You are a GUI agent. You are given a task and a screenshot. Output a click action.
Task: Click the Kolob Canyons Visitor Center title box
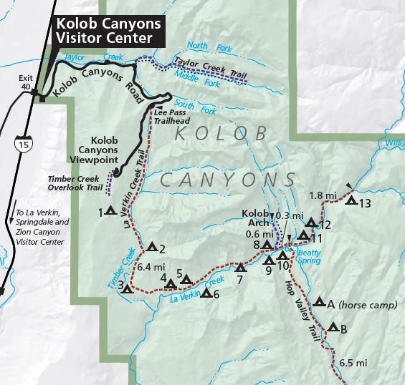tap(108, 29)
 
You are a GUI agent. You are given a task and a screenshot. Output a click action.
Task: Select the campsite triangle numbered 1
tap(110, 211)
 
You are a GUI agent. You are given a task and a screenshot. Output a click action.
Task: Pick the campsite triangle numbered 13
tap(351, 202)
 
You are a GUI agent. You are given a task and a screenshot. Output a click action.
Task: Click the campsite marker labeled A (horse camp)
tap(319, 303)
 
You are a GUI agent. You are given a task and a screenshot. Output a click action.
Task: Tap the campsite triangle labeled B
tap(333, 329)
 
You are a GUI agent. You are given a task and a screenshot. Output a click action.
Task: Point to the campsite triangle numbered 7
tap(241, 268)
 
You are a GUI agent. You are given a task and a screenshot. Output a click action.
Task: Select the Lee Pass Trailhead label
tap(173, 117)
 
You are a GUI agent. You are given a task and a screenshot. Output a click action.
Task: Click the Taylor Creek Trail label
tap(208, 72)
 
